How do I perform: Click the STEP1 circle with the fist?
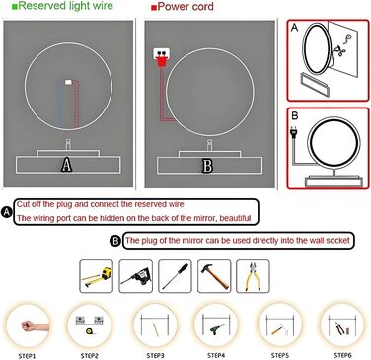coord(27,323)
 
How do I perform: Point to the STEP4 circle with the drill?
coord(214,323)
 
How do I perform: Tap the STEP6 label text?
coord(342,354)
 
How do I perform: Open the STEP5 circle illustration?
coord(278,323)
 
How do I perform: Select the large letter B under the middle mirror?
coord(207,164)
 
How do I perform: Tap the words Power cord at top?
coord(190,7)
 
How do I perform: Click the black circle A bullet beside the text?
coord(8,211)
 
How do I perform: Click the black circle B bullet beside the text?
coord(115,240)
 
